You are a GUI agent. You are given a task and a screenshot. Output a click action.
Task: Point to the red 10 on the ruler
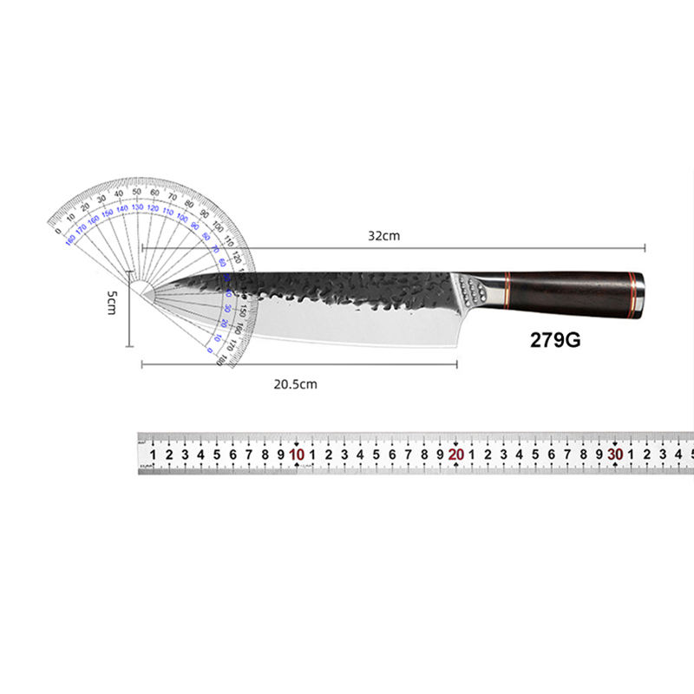coord(297,454)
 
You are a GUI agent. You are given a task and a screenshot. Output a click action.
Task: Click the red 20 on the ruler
coord(456,454)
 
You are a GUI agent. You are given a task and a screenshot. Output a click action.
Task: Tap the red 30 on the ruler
coord(615,454)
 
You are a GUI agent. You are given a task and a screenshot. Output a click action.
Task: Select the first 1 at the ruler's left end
coord(154,454)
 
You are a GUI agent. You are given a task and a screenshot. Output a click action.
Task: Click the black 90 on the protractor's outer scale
coord(205,214)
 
